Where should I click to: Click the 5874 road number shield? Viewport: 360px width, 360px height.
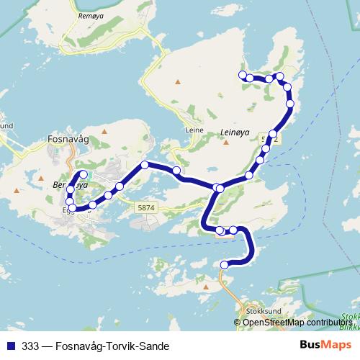[145, 207]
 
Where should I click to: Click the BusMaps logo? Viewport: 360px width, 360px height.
[325, 345]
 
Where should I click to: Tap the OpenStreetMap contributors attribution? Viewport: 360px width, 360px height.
[297, 323]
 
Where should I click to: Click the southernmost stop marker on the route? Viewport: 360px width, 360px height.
[224, 265]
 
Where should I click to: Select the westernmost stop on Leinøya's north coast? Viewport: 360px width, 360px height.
[243, 75]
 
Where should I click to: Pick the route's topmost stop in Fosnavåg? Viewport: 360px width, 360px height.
[84, 174]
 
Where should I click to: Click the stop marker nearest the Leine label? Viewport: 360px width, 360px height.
[176, 170]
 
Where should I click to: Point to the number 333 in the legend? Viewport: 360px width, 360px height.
[31, 346]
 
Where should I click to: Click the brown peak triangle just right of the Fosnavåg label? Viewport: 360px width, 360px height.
[104, 132]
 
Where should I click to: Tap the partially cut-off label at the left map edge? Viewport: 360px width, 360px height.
[6, 125]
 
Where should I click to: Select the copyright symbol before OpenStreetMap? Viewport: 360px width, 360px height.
[238, 323]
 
